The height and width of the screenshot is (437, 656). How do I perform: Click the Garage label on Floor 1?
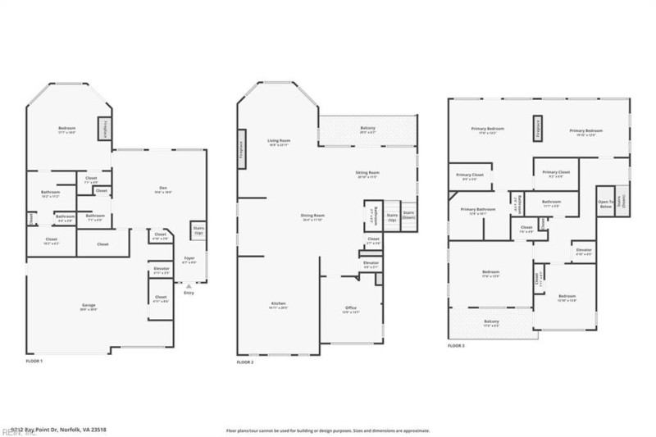88,306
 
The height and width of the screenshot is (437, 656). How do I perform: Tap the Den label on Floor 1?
163,191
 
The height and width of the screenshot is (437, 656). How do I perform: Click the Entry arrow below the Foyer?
189,287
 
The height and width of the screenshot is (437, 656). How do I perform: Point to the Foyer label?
189,259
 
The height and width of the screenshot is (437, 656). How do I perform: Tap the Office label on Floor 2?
351,309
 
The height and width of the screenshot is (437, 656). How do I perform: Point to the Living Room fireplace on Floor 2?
242,149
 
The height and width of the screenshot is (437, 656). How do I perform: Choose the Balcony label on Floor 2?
367,129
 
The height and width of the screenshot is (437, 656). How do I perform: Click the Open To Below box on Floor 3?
605,203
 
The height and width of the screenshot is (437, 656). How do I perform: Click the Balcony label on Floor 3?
491,322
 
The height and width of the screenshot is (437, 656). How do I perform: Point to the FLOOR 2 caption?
246,362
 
